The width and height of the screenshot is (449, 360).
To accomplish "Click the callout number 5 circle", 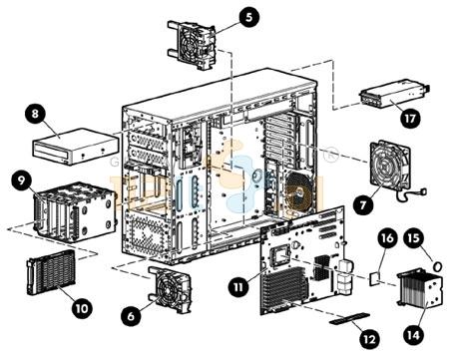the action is [248, 17].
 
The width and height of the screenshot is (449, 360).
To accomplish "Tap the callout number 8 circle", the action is [35, 114].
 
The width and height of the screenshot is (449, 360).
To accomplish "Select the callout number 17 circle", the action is [409, 119].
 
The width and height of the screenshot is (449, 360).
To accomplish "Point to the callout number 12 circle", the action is [369, 339].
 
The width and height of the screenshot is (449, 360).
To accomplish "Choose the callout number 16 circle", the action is [387, 238].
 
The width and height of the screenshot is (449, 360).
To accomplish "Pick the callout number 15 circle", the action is [414, 237].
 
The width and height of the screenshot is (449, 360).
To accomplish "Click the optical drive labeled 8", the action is [76, 146].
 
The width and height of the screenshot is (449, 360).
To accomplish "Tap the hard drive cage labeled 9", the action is [75, 210].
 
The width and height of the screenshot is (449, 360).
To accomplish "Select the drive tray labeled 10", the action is [51, 273].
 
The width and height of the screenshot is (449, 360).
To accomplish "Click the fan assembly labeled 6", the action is [170, 289].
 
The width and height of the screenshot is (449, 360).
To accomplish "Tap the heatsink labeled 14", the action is [420, 289].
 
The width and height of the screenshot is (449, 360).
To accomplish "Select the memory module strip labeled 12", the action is [349, 319].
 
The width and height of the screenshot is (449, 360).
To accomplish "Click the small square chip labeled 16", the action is [375, 278].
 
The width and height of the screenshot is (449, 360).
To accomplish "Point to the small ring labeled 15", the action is [438, 266].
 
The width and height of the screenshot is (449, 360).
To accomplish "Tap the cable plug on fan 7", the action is [423, 191].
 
